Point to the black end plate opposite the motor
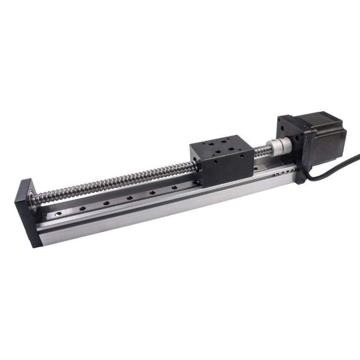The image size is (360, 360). click(25, 211)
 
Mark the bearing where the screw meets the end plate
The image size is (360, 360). click(34, 198)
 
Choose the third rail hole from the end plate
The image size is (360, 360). click(106, 203)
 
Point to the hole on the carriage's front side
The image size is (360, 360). click(215, 161)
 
